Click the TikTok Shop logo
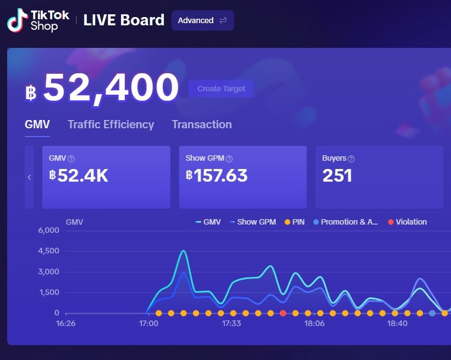[x=38, y=20]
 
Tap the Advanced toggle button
[x=202, y=20]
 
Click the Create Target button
[x=221, y=89]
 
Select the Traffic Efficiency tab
[x=111, y=124]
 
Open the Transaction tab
[x=201, y=124]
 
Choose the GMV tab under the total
[x=37, y=124]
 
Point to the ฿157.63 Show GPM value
[x=217, y=176]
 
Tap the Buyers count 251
[x=337, y=176]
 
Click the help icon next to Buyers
[x=351, y=159]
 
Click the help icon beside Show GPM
[x=229, y=159]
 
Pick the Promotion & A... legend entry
[x=345, y=222]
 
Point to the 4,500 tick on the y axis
[x=48, y=251]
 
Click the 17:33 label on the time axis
[x=232, y=323]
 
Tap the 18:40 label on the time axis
[x=397, y=323]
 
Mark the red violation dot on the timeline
[x=283, y=313]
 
